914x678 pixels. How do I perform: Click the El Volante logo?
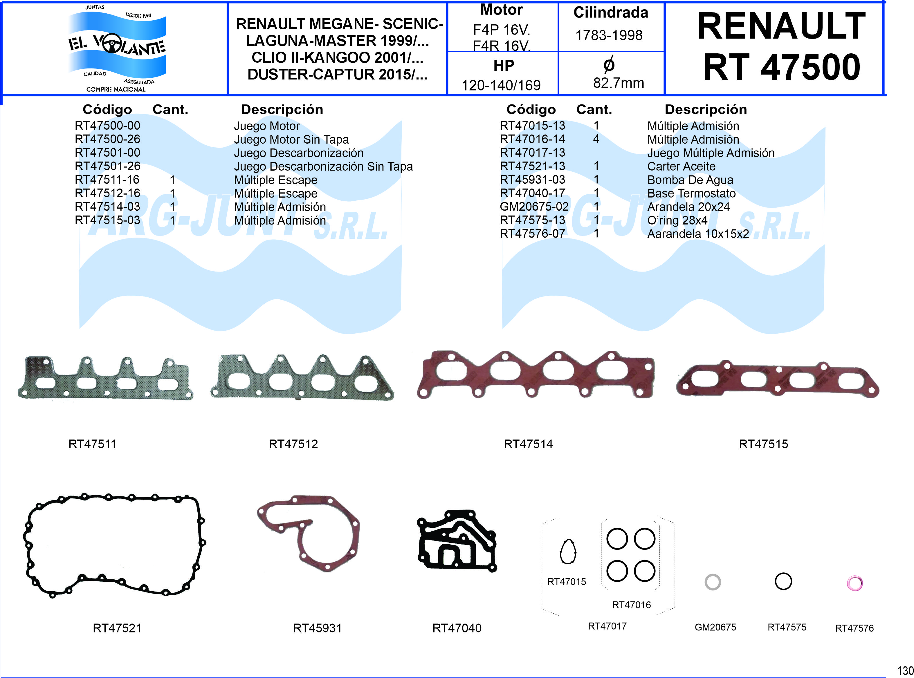[117, 48]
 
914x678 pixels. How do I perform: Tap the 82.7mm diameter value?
[618, 83]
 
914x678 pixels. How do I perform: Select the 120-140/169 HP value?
[501, 85]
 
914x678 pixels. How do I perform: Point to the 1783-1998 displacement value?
[609, 36]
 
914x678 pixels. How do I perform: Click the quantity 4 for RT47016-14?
[596, 139]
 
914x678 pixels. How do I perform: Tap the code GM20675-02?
[534, 207]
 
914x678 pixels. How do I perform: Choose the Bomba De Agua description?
[690, 180]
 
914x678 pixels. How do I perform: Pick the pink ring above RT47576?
[854, 583]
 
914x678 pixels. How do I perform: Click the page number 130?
[905, 671]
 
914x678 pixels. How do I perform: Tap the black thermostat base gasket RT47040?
[457, 541]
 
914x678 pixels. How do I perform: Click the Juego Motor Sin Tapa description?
[291, 140]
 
